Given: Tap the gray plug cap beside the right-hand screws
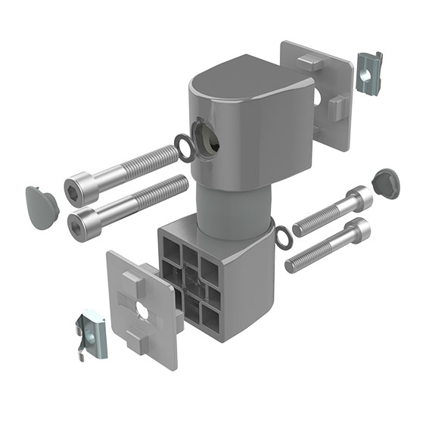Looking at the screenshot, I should (386, 182).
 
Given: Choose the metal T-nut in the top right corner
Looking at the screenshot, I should (368, 70).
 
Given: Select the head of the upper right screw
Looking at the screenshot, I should (359, 199).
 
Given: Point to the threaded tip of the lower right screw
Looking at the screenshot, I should (295, 265).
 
